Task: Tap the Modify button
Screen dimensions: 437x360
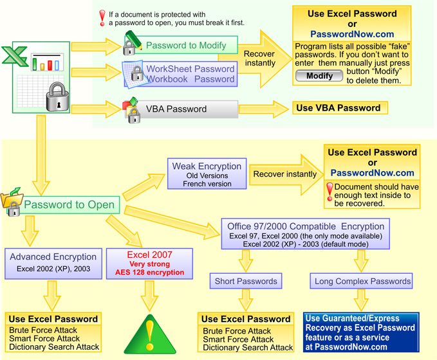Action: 319,76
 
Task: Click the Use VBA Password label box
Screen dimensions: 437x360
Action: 340,108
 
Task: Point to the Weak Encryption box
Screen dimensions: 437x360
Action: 207,174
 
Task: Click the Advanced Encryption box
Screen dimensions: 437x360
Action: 53,264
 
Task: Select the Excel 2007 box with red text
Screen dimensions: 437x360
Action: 149,264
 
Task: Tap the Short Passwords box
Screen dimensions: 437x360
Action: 246,281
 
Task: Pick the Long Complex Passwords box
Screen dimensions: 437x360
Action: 361,281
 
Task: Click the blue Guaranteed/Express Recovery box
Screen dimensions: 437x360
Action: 361,332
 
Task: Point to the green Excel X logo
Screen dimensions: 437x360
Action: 15,56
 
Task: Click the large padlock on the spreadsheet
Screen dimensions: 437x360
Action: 58,97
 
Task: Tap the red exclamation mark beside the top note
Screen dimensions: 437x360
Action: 102,18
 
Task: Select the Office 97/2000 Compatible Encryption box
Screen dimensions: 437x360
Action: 306,233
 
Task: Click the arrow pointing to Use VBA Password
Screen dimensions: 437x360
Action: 264,109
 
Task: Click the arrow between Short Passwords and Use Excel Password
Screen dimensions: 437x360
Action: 246,300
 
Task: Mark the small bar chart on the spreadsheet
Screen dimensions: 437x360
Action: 47,62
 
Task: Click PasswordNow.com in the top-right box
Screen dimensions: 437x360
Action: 352,34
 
